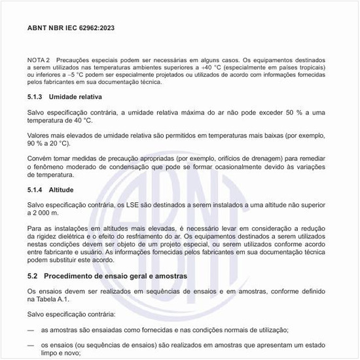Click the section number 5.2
pyautogui.click(x=33, y=276)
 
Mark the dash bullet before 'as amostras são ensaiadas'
pyautogui.click(x=30, y=330)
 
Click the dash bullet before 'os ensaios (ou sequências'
pyautogui.click(x=30, y=345)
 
